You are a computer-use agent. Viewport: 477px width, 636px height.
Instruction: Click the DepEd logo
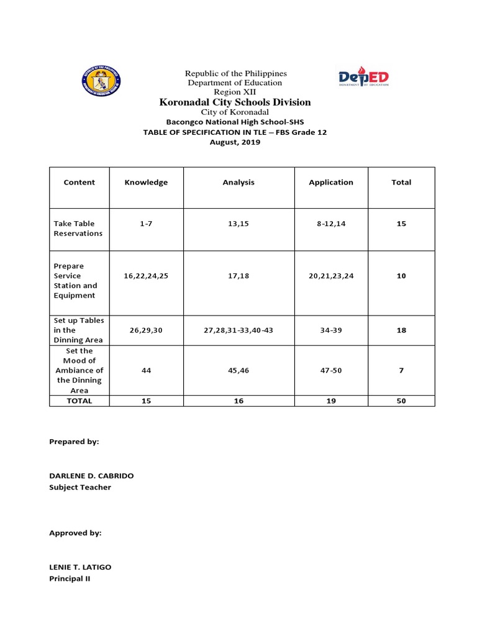tap(363, 78)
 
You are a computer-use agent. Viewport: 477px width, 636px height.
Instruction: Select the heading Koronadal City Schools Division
tap(235, 102)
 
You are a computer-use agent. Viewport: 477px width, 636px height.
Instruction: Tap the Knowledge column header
tap(146, 183)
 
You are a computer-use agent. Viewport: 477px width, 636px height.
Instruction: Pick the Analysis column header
tap(238, 183)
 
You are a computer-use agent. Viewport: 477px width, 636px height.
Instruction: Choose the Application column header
tap(331, 183)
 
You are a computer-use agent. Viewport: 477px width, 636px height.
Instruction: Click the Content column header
tap(79, 183)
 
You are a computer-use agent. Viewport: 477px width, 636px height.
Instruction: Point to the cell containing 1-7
tap(146, 224)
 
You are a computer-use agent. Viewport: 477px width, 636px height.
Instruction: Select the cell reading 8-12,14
tap(331, 224)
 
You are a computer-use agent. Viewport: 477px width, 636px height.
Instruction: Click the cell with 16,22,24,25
tap(146, 276)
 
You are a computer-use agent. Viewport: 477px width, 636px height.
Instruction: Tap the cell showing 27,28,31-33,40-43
tap(238, 330)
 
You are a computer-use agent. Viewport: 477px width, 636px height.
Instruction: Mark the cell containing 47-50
tap(331, 370)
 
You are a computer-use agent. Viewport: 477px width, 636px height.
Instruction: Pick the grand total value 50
tap(401, 401)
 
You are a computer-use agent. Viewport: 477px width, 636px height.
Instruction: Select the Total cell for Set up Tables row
tap(401, 330)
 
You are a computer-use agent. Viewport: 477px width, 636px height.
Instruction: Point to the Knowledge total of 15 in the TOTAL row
tap(146, 401)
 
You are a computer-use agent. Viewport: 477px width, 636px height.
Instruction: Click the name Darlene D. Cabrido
tap(91, 476)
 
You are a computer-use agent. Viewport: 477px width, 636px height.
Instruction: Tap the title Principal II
tap(70, 579)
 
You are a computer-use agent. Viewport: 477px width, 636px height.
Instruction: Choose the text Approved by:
tap(75, 533)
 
